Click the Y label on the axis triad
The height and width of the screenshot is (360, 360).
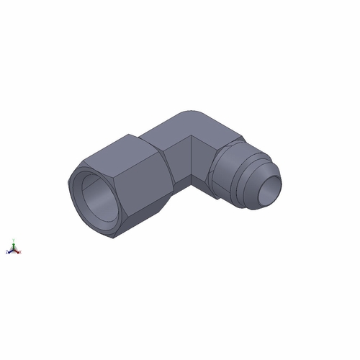[13, 240]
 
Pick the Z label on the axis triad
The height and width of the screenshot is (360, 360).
[6, 253]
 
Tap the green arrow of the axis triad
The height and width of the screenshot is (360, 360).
[13, 246]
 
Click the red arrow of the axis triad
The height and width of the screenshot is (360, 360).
[17, 252]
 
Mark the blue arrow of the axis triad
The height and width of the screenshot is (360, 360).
[9, 251]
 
